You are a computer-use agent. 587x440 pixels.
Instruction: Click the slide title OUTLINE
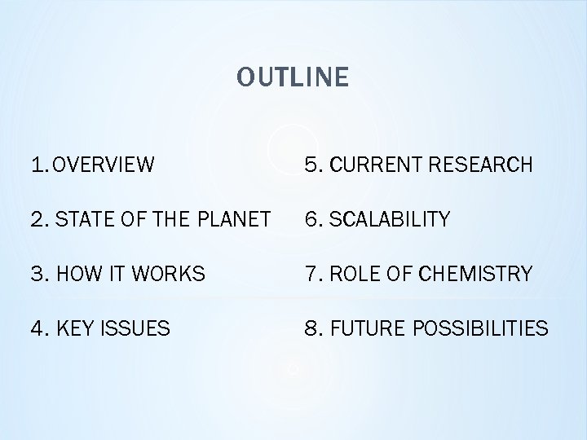coord(293,77)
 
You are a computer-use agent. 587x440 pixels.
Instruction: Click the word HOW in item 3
coord(76,275)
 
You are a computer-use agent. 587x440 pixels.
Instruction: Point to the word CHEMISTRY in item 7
coord(469,275)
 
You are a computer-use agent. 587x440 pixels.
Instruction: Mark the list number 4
coord(37,329)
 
